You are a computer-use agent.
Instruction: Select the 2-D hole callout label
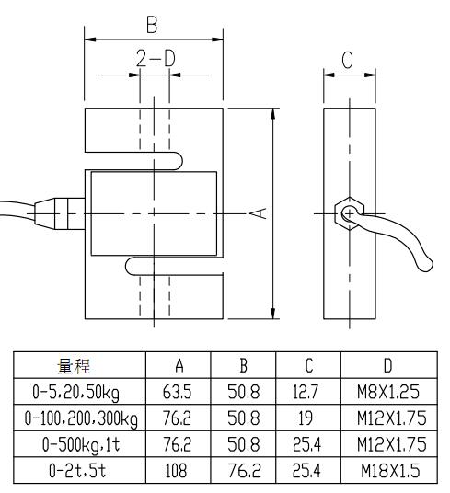coord(154,60)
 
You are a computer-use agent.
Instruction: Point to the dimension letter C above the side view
coord(348,60)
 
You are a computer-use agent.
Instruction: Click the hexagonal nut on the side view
coord(348,213)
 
